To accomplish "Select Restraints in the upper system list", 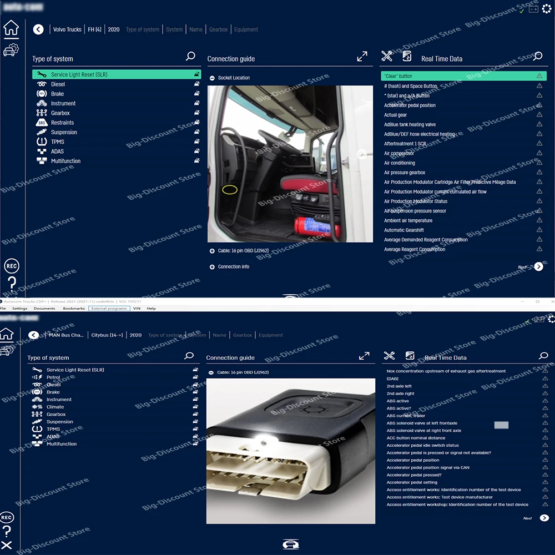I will click(x=62, y=123).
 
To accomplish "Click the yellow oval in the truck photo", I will click(x=230, y=190).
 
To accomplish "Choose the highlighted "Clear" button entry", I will click(x=463, y=76).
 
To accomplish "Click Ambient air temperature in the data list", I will click(x=408, y=221).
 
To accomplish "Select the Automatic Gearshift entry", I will click(x=404, y=230).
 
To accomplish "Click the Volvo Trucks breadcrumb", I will click(x=67, y=29).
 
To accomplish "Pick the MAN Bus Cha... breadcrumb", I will click(x=66, y=335).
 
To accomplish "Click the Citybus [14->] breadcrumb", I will click(x=108, y=335).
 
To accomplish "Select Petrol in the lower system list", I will click(x=53, y=377).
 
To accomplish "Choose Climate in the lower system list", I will click(x=55, y=407).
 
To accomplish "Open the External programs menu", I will click(x=109, y=309).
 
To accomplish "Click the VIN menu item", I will click(x=137, y=309).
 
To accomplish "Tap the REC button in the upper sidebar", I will click(x=12, y=266).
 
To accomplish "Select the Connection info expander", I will click(x=233, y=267).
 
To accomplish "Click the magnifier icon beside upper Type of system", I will click(x=190, y=56).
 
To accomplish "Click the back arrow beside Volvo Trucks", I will click(x=38, y=29).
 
